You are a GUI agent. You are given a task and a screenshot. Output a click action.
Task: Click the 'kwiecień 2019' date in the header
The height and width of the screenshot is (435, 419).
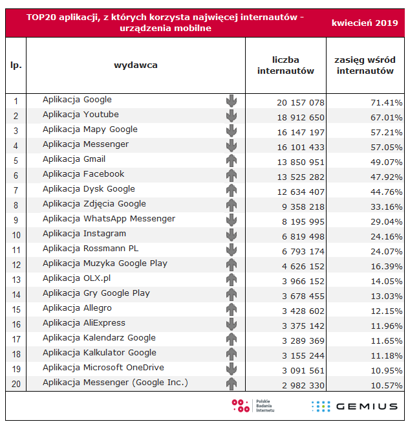(x=365, y=23)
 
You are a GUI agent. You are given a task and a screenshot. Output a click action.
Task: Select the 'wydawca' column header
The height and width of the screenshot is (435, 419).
(x=136, y=65)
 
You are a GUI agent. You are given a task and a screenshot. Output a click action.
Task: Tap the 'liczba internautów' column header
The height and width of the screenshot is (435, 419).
(x=286, y=65)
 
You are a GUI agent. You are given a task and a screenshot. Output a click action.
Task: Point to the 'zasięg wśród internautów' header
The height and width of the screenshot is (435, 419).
(x=365, y=65)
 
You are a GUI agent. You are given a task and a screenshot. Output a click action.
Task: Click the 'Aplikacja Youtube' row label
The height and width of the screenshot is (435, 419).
(x=81, y=115)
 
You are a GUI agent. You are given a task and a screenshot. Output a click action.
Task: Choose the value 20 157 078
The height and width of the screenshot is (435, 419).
(x=301, y=103)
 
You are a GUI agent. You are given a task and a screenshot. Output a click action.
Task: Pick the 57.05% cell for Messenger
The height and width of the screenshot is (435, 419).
(x=387, y=148)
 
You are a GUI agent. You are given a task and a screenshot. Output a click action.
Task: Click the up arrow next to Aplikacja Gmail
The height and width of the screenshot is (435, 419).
(x=231, y=161)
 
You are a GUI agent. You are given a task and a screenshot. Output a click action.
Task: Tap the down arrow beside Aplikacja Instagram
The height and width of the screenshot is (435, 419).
(x=231, y=235)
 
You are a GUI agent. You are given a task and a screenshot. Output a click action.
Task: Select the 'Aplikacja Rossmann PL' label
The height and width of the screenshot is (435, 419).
(x=91, y=249)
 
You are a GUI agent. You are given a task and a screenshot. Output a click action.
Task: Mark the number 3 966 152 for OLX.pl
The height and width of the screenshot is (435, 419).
(x=303, y=282)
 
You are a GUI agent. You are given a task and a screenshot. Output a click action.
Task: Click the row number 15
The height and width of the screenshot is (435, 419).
(x=16, y=309)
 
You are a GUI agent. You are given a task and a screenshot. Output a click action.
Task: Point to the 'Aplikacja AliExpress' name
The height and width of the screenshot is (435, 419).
(x=84, y=323)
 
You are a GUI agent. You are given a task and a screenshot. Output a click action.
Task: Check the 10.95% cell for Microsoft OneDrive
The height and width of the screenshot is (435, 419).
(x=387, y=371)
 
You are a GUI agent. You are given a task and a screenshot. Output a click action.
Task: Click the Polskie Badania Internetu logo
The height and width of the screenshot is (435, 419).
(x=253, y=406)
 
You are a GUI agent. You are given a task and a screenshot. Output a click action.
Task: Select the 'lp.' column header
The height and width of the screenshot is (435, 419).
(x=16, y=65)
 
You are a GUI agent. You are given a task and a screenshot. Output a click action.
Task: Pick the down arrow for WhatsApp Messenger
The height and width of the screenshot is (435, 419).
(x=231, y=220)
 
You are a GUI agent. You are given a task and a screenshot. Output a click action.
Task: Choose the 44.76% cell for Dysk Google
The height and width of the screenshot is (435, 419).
(x=387, y=192)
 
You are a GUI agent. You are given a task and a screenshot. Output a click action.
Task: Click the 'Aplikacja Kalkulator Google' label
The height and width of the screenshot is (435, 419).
(x=100, y=353)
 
